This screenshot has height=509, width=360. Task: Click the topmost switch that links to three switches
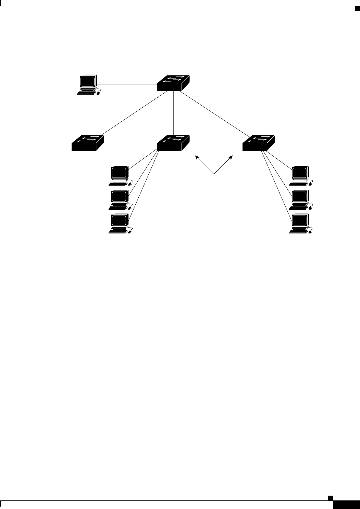pos(173,83)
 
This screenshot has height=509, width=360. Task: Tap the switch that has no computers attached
pos(87,143)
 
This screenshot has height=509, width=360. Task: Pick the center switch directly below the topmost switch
pos(173,143)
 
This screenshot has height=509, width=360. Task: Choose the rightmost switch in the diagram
pos(258,143)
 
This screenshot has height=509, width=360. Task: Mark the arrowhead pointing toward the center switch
pos(197,157)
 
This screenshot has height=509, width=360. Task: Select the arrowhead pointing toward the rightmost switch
pos(232,157)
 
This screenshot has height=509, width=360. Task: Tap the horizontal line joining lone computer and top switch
pos(127,84)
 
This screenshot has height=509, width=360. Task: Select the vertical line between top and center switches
pos(174,113)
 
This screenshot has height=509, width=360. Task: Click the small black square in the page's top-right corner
pos(356,8)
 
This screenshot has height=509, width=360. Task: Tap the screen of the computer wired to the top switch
pos(87,82)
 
